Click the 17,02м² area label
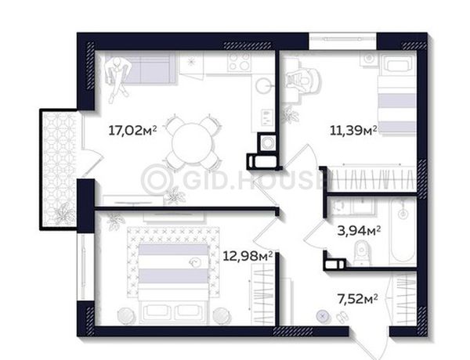tap(132, 131)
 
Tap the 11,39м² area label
tap(353, 130)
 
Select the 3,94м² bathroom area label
tap(359, 231)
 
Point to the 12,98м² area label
tap(248, 256)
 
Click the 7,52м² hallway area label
tap(357, 299)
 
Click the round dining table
tap(192, 143)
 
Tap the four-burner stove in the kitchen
tap(239, 63)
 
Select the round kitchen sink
tap(264, 86)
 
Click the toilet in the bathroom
tap(362, 254)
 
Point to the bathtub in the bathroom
tap(403, 233)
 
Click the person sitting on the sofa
tap(117, 78)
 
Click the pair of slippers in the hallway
tap(342, 317)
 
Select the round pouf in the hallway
tap(323, 316)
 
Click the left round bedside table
tap(126, 315)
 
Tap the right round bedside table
tap(222, 315)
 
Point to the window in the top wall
tap(342, 41)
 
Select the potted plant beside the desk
tap(290, 115)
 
